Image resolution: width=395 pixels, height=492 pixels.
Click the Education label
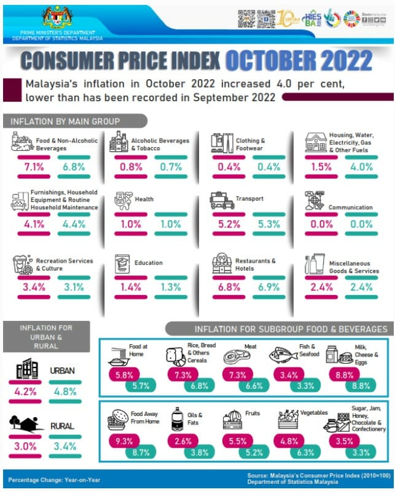(148, 263)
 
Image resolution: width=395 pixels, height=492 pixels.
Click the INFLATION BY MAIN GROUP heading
(65, 121)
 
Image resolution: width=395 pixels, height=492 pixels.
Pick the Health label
(146, 199)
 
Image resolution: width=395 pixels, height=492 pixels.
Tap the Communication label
(350, 207)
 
